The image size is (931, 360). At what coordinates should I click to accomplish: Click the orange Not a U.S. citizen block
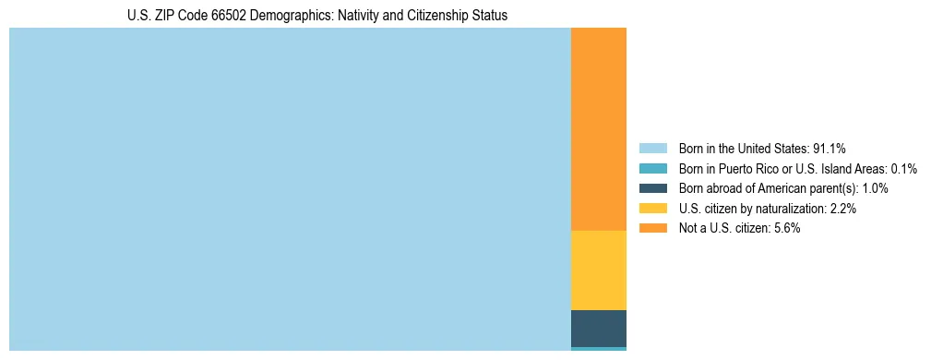coord(598,129)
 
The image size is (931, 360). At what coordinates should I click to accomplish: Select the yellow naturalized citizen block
coord(598,270)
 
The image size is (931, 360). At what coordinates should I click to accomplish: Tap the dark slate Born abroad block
coord(598,328)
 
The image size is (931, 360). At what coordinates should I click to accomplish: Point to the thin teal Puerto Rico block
coord(598,349)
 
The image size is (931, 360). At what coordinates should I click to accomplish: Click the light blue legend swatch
coord(652,149)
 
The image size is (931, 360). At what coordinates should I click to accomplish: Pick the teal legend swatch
coord(652,169)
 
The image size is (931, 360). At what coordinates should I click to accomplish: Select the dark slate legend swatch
coord(652,188)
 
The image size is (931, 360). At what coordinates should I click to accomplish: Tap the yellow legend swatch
coord(652,209)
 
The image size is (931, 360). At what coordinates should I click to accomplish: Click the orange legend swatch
coord(652,228)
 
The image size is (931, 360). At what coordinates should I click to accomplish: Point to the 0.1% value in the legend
coord(903,169)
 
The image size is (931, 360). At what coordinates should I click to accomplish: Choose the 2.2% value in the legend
coord(842,209)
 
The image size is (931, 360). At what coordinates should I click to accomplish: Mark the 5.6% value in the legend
coord(786,228)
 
